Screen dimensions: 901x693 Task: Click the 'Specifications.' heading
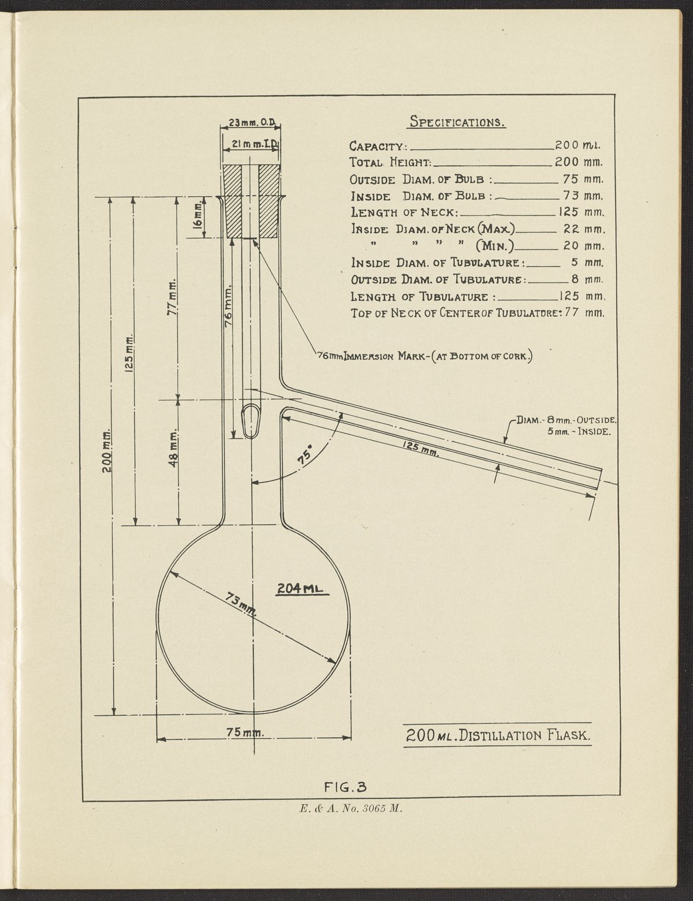point(457,122)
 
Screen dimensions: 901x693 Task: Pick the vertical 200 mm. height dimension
point(108,455)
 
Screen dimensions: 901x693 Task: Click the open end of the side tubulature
point(599,480)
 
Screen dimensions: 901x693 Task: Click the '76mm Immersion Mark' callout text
point(424,356)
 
